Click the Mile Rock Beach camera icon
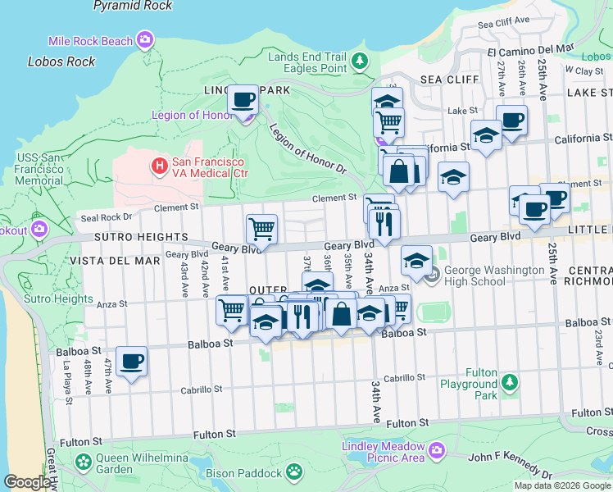pyautogui.click(x=146, y=39)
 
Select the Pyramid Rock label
pyautogui.click(x=133, y=6)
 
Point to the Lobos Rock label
pyautogui.click(x=61, y=61)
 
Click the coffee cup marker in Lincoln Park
pyautogui.click(x=242, y=100)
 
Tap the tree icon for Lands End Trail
pyautogui.click(x=359, y=60)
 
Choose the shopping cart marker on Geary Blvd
pyautogui.click(x=261, y=229)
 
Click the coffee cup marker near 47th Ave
pyautogui.click(x=131, y=361)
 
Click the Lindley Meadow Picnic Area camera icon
pyautogui.click(x=437, y=449)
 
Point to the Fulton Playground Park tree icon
pyautogui.click(x=510, y=382)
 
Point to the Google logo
pyautogui.click(x=27, y=482)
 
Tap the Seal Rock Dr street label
pyautogui.click(x=105, y=218)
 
